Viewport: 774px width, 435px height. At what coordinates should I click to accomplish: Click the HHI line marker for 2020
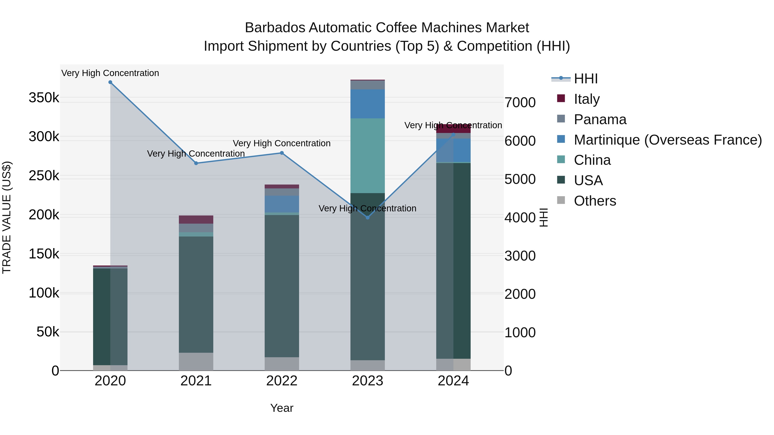(x=110, y=82)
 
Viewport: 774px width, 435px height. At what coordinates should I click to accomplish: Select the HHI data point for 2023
(x=367, y=218)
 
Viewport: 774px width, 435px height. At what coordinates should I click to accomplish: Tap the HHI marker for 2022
(x=282, y=153)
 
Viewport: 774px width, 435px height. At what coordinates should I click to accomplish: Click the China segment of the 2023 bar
(x=367, y=156)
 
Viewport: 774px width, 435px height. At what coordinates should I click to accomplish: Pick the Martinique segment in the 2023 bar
(x=367, y=104)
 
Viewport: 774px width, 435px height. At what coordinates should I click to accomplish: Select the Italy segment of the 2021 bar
(x=196, y=220)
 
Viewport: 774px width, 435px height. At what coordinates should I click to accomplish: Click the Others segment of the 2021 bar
(x=196, y=362)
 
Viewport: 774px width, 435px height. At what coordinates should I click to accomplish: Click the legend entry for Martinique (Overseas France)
(x=667, y=140)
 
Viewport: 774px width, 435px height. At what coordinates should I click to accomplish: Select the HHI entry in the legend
(x=585, y=79)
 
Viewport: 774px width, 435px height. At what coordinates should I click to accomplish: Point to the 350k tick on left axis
(x=44, y=98)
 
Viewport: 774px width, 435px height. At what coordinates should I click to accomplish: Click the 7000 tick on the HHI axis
(x=520, y=103)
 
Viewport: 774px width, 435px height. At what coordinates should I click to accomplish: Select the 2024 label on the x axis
(x=453, y=381)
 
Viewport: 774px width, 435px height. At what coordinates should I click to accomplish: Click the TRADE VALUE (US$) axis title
(x=7, y=217)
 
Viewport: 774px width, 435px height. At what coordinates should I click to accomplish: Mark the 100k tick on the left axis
(x=44, y=293)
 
